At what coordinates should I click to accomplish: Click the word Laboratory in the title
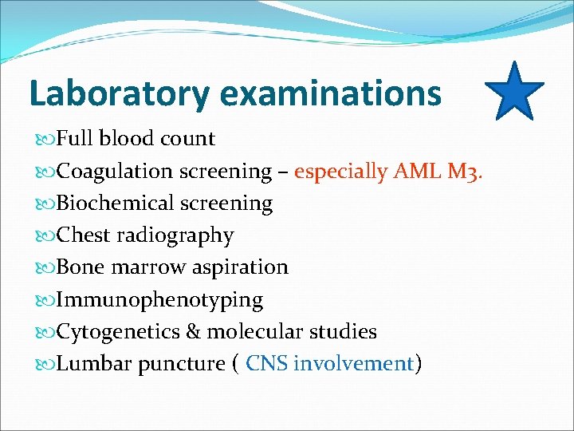(119, 94)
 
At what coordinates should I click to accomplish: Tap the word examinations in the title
(330, 94)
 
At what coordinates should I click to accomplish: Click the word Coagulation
(115, 171)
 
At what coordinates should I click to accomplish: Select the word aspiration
(238, 267)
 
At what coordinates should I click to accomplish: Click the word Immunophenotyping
(159, 300)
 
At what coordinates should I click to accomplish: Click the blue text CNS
(267, 363)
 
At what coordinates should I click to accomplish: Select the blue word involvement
(353, 363)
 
